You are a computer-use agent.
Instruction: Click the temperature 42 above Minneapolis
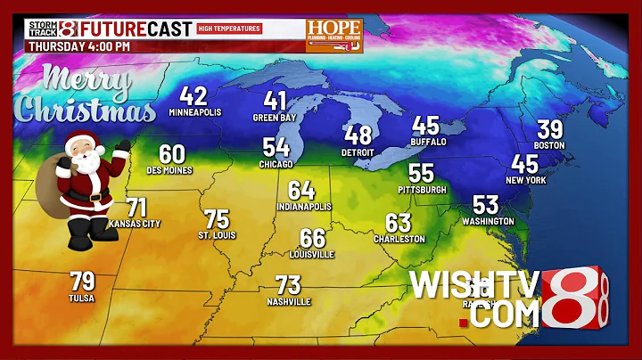pos(194,96)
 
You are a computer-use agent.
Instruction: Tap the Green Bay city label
pos(276,117)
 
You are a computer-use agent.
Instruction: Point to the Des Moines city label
pos(169,170)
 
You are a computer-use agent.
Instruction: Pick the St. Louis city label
pos(216,235)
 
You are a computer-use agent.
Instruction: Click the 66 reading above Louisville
pos(312,238)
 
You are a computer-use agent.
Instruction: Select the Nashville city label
pos(289,302)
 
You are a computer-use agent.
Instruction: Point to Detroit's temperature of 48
pos(358,135)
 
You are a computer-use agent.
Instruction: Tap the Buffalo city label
pos(426,142)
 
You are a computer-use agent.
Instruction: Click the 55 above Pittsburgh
pos(421,174)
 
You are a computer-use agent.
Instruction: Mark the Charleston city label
pos(399,239)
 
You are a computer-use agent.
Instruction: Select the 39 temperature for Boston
pos(549,129)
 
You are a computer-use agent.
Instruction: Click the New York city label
pos(524,180)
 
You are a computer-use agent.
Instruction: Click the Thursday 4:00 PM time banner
pos(79,45)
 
